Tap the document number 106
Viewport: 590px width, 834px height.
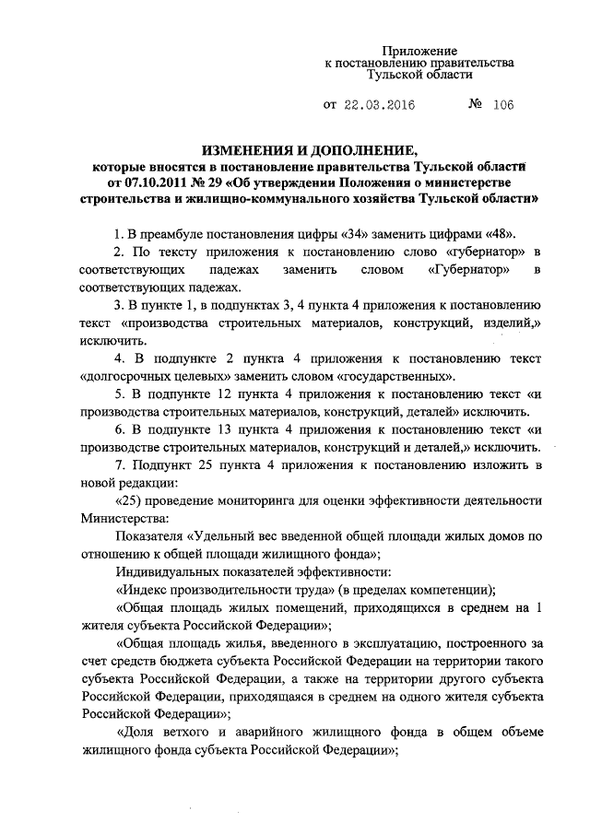502,105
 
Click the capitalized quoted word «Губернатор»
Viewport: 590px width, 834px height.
466,269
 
